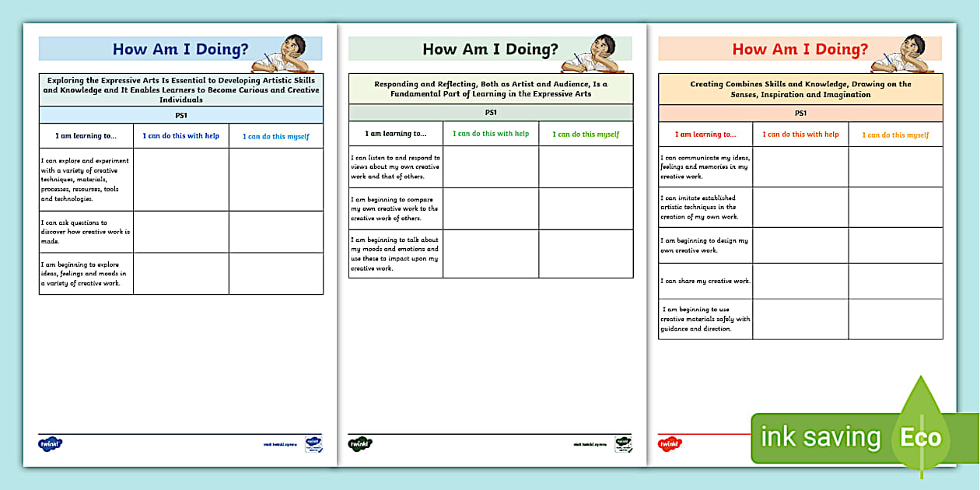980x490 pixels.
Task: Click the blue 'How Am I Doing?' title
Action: click(180, 49)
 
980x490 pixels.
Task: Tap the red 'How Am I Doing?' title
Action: click(800, 49)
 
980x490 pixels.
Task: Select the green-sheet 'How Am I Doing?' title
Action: click(490, 49)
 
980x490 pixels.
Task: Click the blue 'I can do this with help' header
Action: click(180, 135)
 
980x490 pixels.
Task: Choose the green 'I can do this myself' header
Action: click(586, 134)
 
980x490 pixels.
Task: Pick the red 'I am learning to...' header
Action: click(705, 134)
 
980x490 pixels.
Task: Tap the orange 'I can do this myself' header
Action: click(895, 135)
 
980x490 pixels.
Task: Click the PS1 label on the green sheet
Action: click(491, 112)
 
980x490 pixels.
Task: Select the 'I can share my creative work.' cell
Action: click(705, 281)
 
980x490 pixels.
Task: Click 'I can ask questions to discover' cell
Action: click(86, 232)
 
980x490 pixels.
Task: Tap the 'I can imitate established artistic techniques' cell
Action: click(705, 207)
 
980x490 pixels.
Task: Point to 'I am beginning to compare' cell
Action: click(395, 208)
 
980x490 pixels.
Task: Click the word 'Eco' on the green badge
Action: click(921, 436)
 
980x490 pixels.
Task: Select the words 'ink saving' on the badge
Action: click(820, 437)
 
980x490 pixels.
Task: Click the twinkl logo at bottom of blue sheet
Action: click(50, 443)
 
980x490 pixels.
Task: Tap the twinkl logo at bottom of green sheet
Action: click(360, 443)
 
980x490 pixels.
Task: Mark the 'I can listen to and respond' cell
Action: click(395, 166)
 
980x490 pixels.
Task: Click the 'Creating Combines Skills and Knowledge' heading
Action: click(800, 89)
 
